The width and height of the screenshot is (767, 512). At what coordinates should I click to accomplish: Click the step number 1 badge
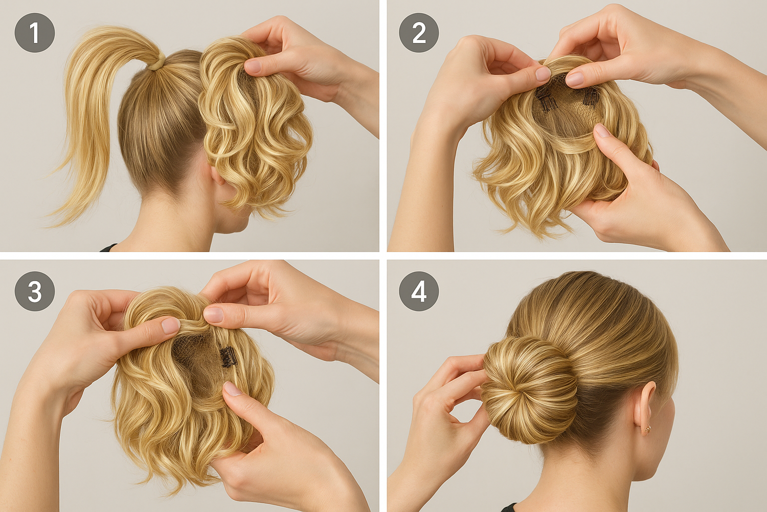point(35,33)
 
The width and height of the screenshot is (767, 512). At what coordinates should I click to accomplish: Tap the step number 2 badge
point(419,33)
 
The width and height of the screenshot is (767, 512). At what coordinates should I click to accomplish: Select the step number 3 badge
point(35,291)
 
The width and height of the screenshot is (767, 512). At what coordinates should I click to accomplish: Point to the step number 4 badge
point(419,291)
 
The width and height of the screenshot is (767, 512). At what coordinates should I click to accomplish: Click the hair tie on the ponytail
point(157,63)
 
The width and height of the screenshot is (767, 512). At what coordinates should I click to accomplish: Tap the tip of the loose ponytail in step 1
point(48,226)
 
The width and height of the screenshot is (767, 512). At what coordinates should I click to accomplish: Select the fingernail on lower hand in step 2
point(601,131)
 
